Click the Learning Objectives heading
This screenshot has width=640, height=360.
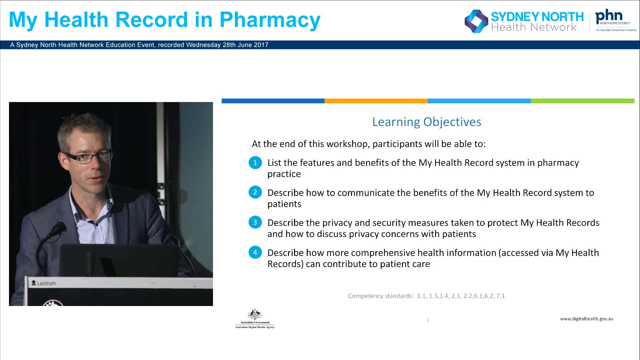click(x=426, y=122)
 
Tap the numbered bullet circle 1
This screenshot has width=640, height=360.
click(x=255, y=163)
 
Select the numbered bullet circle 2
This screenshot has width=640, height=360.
click(x=255, y=192)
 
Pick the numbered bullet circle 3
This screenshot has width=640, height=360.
click(x=255, y=222)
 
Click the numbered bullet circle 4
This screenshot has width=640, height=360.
click(x=255, y=252)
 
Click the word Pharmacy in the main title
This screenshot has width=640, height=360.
click(x=270, y=20)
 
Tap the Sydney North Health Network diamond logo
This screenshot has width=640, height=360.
click(x=476, y=21)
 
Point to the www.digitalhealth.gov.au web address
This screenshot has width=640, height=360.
click(x=586, y=319)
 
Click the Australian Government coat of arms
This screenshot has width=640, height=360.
click(x=255, y=315)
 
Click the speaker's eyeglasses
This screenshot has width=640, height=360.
click(x=89, y=157)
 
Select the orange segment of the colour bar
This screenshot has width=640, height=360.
click(x=376, y=101)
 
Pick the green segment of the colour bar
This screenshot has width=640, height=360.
click(x=582, y=101)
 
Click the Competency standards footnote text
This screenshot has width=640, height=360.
click(x=426, y=296)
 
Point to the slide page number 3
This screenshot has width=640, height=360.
click(x=428, y=320)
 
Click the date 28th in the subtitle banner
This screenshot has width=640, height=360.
click(x=229, y=45)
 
